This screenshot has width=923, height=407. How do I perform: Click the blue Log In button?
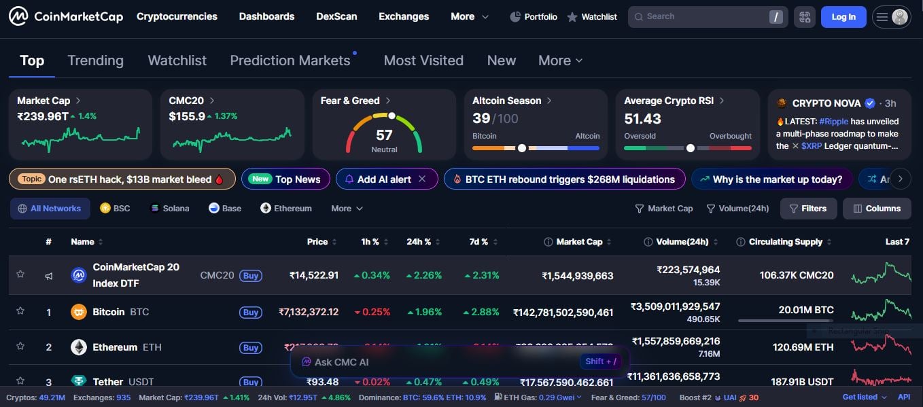pyautogui.click(x=843, y=17)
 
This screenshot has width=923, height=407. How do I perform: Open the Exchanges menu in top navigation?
pyautogui.click(x=404, y=16)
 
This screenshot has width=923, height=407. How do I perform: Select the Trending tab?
pyautogui.click(x=95, y=60)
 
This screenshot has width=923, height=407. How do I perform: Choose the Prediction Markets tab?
pyautogui.click(x=290, y=60)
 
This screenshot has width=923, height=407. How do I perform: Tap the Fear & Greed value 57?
pyautogui.click(x=384, y=135)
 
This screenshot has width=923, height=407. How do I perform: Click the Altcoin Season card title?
pyautogui.click(x=507, y=101)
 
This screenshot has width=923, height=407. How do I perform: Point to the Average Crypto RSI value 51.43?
pyautogui.click(x=642, y=119)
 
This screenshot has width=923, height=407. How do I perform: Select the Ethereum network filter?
pyautogui.click(x=286, y=209)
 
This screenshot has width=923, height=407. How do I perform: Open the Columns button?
pyautogui.click(x=877, y=209)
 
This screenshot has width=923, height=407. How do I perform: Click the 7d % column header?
pyautogui.click(x=479, y=242)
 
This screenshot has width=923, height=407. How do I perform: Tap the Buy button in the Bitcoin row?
pyautogui.click(x=251, y=313)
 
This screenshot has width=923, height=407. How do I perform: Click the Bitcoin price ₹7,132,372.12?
pyautogui.click(x=309, y=313)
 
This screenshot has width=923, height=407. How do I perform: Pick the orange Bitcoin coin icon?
pyautogui.click(x=79, y=312)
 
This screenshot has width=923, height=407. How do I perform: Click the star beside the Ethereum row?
pyautogui.click(x=20, y=347)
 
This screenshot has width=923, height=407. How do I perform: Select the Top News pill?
pyautogui.click(x=285, y=179)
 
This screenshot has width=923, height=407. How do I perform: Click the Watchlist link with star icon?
pyautogui.click(x=592, y=17)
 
